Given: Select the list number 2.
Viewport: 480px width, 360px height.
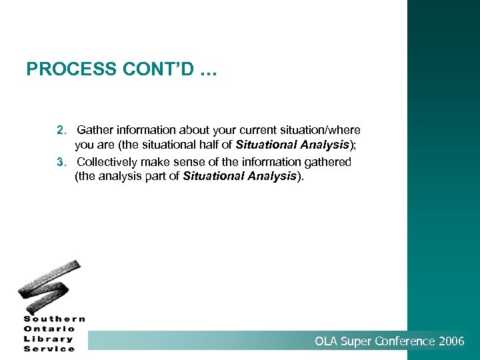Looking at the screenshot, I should click(61, 130).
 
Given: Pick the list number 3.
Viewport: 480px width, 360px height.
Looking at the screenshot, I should click(61, 161).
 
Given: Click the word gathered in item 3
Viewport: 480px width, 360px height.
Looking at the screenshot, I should click(328, 161).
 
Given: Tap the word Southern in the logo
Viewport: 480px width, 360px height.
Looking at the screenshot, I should click(54, 319).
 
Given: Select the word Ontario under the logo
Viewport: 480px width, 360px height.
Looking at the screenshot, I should click(51, 329).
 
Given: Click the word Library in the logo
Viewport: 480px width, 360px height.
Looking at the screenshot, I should click(49, 339).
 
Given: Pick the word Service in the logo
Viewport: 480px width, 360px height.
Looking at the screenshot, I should click(49, 349).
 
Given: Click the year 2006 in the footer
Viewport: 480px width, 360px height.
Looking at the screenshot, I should click(451, 341).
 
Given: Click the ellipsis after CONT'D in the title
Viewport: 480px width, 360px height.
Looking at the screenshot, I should click(207, 69).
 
